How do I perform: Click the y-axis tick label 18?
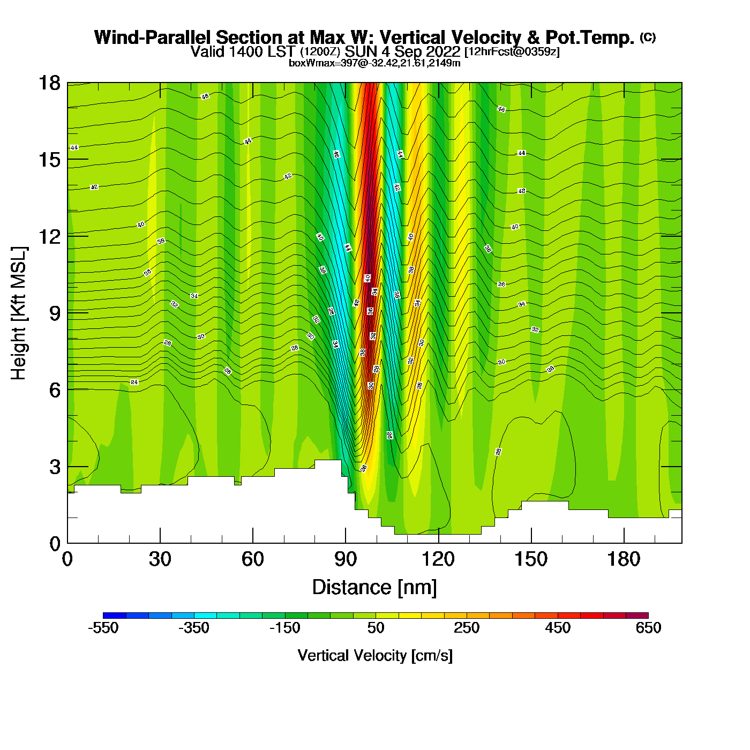(x=49, y=83)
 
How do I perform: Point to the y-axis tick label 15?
(x=49, y=160)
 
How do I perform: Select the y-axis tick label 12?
(x=49, y=236)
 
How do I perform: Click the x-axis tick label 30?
(x=160, y=560)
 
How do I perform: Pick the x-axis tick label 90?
(x=346, y=560)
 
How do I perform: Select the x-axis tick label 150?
(x=531, y=560)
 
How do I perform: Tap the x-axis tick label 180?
(x=624, y=560)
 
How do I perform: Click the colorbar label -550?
(x=103, y=628)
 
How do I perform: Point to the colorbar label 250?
(x=467, y=628)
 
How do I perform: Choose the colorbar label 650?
(x=648, y=628)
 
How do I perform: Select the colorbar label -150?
(x=285, y=628)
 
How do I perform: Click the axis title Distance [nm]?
(x=374, y=588)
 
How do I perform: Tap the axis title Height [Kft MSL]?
(x=19, y=313)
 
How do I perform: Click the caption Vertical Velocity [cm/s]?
(x=375, y=656)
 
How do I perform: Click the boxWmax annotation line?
(x=374, y=63)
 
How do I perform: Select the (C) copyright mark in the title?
(x=648, y=37)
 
